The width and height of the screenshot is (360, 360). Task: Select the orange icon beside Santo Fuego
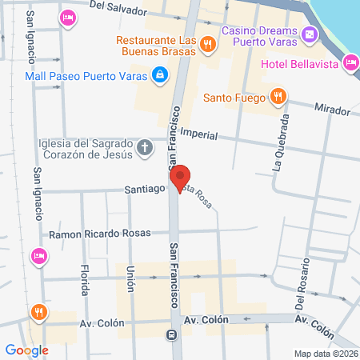pyautogui.click(x=278, y=98)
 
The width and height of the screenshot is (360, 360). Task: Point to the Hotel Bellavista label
pyautogui.click(x=300, y=63)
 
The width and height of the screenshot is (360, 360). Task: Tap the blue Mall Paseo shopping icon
pyautogui.click(x=161, y=74)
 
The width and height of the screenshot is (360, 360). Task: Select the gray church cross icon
pyautogui.click(x=145, y=147)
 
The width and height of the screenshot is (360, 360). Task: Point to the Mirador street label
pyautogui.click(x=332, y=108)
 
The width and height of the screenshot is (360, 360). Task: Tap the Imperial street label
pyautogui.click(x=199, y=134)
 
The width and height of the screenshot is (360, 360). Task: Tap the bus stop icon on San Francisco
pyautogui.click(x=170, y=335)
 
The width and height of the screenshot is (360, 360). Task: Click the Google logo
pyautogui.click(x=26, y=350)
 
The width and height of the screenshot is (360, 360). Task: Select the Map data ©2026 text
pyautogui.click(x=325, y=354)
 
